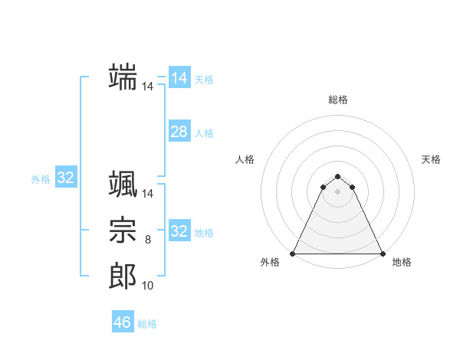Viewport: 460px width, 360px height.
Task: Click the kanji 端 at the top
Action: click(123, 77)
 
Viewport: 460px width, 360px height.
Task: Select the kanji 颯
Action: click(123, 185)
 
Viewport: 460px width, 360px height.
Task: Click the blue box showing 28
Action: click(179, 132)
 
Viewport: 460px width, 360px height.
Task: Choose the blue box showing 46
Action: click(123, 322)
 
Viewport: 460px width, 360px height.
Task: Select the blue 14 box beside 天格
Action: click(179, 78)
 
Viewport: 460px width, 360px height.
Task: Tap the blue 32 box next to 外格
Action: click(66, 178)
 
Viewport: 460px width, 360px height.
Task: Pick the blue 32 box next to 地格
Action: click(179, 231)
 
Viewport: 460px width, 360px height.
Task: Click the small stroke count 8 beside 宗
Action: click(148, 241)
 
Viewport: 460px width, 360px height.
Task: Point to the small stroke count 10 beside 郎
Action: click(148, 286)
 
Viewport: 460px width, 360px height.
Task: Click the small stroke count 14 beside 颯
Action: click(148, 195)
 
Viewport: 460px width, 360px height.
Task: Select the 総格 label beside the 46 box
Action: click(147, 324)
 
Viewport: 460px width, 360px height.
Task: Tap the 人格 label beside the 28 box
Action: click(204, 133)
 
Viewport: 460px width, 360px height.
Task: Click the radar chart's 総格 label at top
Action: click(337, 100)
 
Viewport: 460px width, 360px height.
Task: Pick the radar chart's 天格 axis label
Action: click(431, 159)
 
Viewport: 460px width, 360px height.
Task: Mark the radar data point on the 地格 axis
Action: click(382, 254)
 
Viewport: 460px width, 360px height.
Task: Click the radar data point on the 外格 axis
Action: click(293, 254)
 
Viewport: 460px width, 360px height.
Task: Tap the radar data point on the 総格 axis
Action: click(337, 177)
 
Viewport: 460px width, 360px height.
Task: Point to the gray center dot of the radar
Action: click(337, 191)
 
